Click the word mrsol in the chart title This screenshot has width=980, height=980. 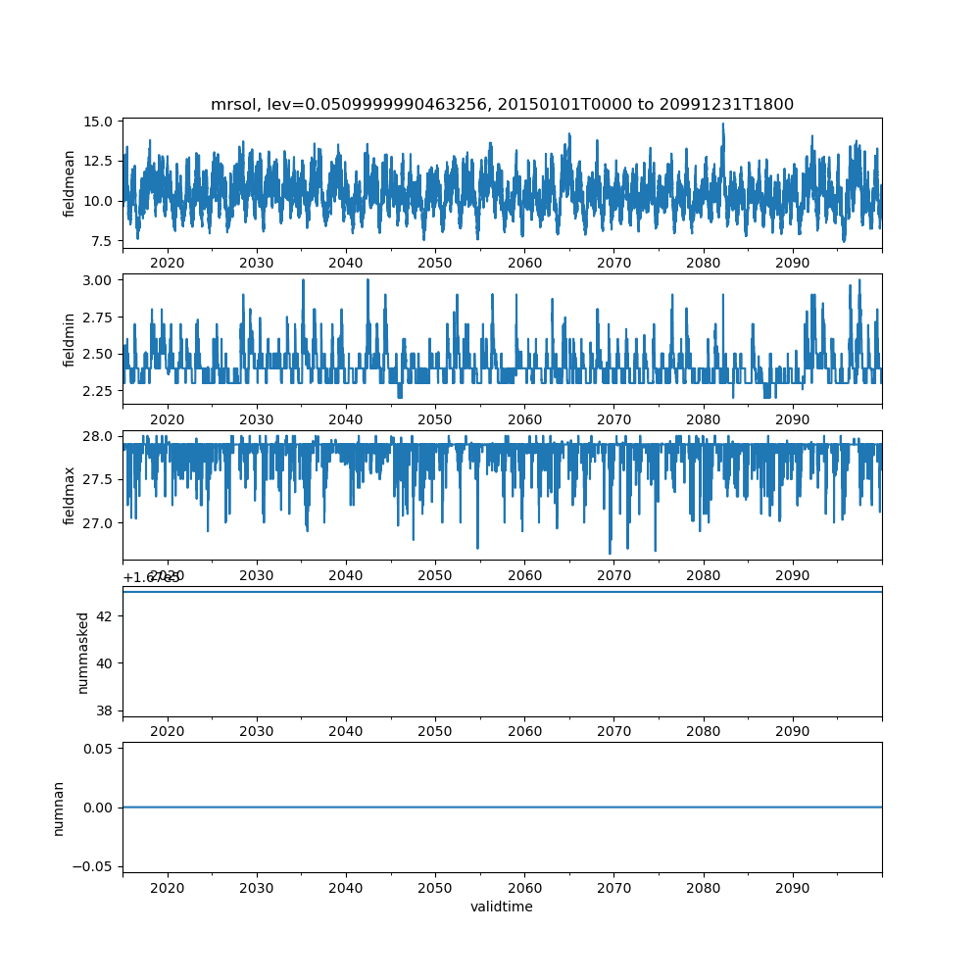point(231,104)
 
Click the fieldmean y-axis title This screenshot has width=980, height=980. point(69,184)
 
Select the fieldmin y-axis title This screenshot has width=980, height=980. point(69,339)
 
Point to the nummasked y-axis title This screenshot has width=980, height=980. point(83,653)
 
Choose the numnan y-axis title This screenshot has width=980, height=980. point(59,808)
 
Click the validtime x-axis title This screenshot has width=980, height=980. point(502,906)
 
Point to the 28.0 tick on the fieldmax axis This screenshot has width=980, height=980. point(101,436)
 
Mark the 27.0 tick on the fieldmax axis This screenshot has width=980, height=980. point(101,523)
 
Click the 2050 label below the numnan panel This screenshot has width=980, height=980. point(435,886)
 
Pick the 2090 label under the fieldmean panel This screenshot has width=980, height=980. point(792,263)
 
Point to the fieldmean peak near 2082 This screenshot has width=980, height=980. point(723,124)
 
